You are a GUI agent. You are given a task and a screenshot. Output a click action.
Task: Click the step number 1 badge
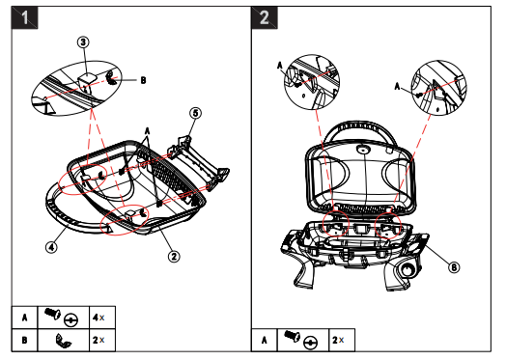(25, 17)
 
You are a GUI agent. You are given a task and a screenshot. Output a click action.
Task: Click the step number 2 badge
(265, 17)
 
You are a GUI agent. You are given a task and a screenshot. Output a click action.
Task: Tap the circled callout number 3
(83, 42)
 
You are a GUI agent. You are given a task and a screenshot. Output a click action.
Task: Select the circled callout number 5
(195, 113)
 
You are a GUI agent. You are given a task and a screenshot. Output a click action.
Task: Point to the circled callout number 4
(51, 247)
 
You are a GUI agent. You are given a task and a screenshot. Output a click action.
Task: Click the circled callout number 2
(174, 257)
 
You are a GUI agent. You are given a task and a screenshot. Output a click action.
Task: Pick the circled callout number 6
(454, 267)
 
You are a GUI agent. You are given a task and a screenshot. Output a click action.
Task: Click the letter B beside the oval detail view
(143, 80)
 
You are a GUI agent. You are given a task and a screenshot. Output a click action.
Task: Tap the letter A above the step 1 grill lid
(147, 131)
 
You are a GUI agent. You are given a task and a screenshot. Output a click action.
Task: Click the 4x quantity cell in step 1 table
(102, 318)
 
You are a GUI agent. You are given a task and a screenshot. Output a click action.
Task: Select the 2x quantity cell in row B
(102, 340)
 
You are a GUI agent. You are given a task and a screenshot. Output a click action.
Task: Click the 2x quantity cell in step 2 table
(342, 340)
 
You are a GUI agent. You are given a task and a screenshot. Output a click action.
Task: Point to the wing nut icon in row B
(63, 341)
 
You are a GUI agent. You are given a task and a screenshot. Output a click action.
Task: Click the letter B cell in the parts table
(25, 340)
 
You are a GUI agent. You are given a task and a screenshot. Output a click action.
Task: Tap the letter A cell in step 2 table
(265, 340)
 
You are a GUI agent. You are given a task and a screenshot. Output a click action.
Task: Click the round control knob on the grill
(408, 269)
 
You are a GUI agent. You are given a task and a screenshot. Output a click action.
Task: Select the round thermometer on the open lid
(363, 150)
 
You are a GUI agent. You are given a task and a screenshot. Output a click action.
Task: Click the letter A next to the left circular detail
(280, 66)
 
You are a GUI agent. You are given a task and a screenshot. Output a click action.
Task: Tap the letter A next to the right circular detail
(397, 86)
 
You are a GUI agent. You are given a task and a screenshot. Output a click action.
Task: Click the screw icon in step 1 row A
(52, 314)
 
